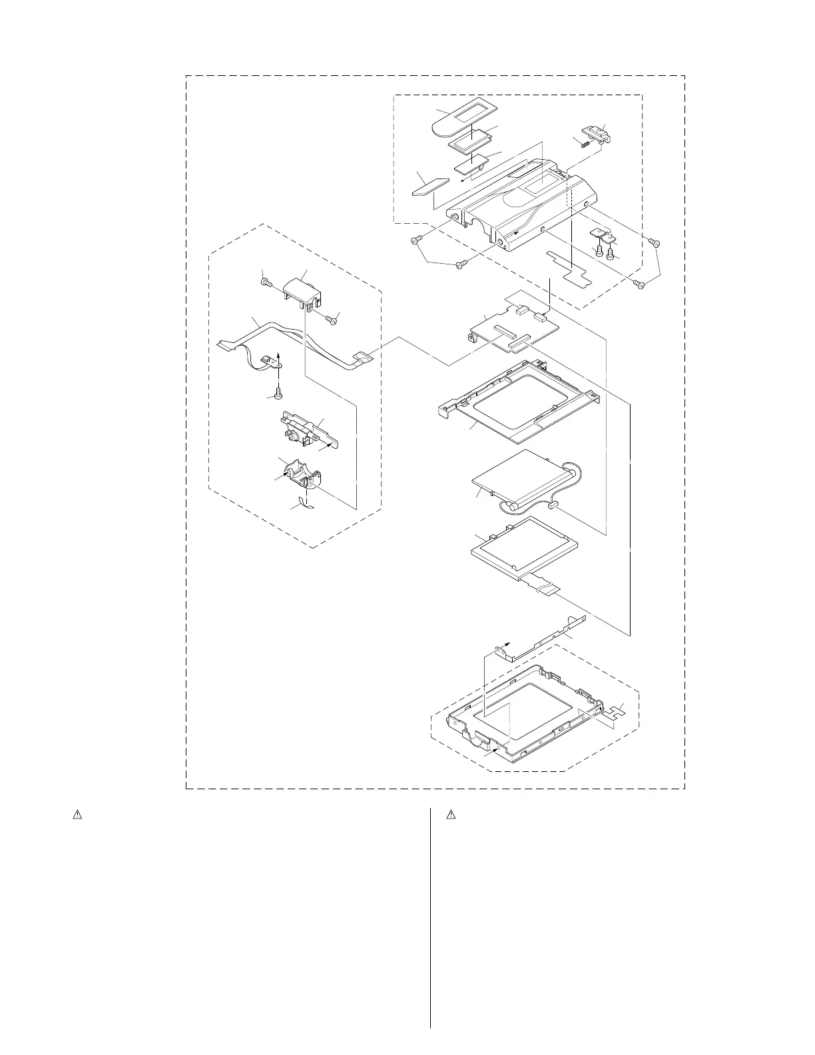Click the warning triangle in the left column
[x=77, y=814]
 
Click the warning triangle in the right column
[x=451, y=814]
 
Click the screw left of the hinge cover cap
[x=266, y=284]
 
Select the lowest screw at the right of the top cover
[x=641, y=286]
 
